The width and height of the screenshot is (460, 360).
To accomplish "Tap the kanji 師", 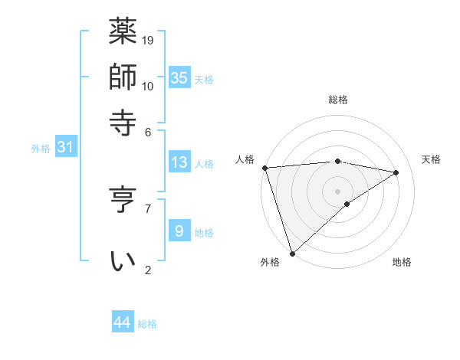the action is click(123, 77).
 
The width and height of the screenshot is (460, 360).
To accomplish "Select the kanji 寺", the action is click(123, 123).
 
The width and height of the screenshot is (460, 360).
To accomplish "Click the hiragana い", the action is click(123, 261).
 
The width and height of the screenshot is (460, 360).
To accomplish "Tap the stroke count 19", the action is click(149, 40).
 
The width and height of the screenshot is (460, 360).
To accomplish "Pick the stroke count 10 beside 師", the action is click(149, 86).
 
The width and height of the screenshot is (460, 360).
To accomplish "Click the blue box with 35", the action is click(179, 77).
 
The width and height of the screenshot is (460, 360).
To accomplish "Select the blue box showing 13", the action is click(179, 162).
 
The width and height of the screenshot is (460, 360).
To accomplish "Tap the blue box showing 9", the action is click(179, 231).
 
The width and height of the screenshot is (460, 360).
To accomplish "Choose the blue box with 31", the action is click(65, 148).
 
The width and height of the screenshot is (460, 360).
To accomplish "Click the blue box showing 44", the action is click(123, 322).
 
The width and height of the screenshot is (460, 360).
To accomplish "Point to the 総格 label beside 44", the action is click(147, 324).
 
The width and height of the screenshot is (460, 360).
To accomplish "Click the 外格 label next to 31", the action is click(41, 149).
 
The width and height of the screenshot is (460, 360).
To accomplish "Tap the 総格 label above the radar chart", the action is click(337, 100).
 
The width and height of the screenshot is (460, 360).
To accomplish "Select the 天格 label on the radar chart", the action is click(431, 159).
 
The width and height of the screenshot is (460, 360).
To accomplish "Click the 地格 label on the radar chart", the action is click(402, 263).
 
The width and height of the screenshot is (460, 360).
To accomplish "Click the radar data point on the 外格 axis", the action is click(292, 252).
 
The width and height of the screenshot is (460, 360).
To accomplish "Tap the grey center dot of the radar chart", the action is click(337, 191).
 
